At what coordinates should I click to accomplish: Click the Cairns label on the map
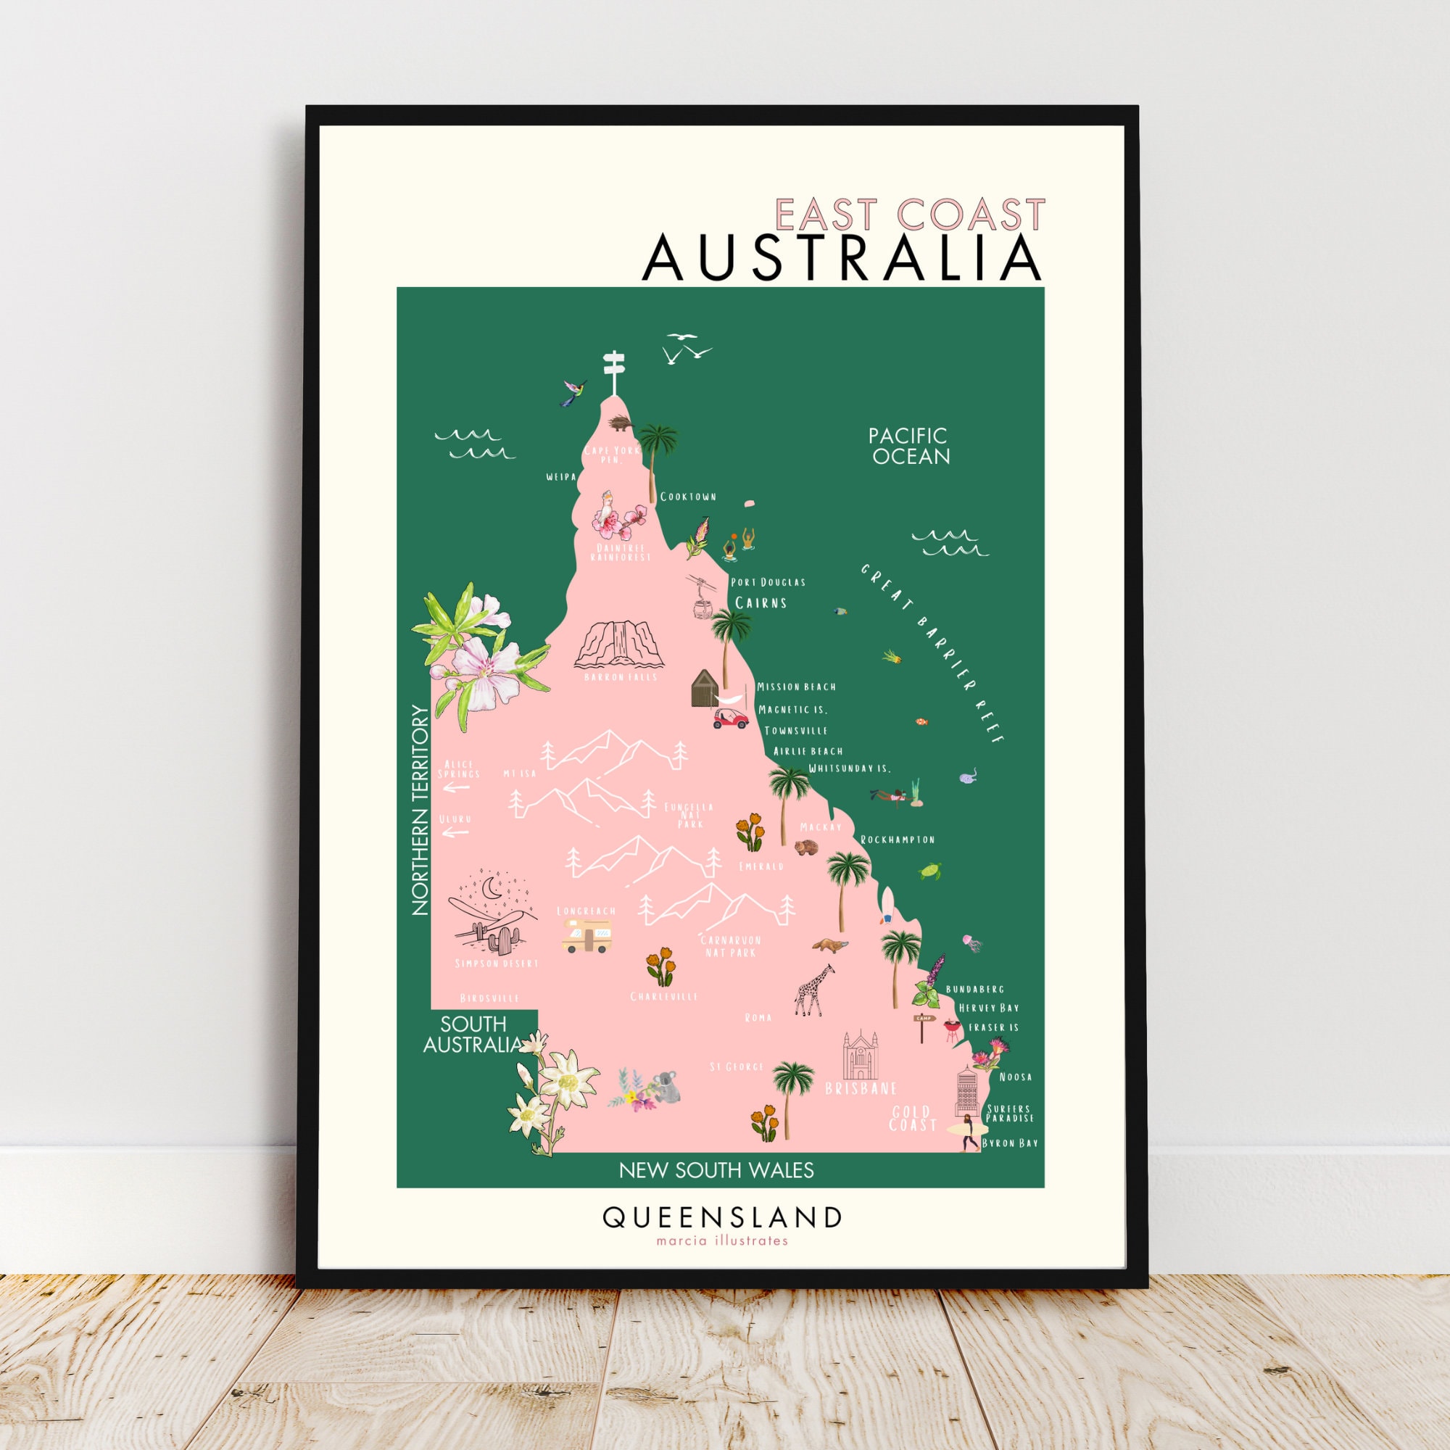pos(761,602)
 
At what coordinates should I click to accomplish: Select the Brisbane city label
pos(860,1088)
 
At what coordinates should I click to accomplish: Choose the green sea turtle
pos(931,871)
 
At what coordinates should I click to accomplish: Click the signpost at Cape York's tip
pos(614,371)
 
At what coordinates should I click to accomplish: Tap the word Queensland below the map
pos(722,1217)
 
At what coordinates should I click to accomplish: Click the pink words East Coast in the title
pos(910,215)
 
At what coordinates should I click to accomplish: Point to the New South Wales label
pos(716,1170)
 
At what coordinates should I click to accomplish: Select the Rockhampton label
pos(898,839)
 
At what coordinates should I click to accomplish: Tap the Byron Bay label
pos(1009,1143)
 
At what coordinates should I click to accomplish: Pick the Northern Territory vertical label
pos(420,810)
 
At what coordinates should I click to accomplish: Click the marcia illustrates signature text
pos(722,1240)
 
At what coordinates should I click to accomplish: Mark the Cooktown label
pos(688,497)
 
